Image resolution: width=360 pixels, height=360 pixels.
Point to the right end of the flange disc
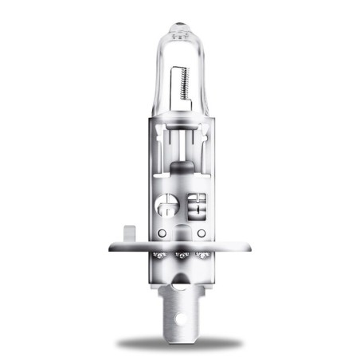(250, 248)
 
